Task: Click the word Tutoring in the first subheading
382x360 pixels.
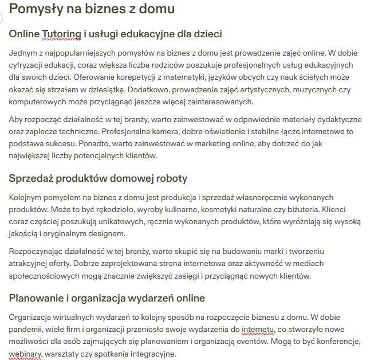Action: [61, 34]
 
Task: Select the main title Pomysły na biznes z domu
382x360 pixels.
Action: [92, 9]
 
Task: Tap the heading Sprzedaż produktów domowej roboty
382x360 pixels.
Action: [98, 178]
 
